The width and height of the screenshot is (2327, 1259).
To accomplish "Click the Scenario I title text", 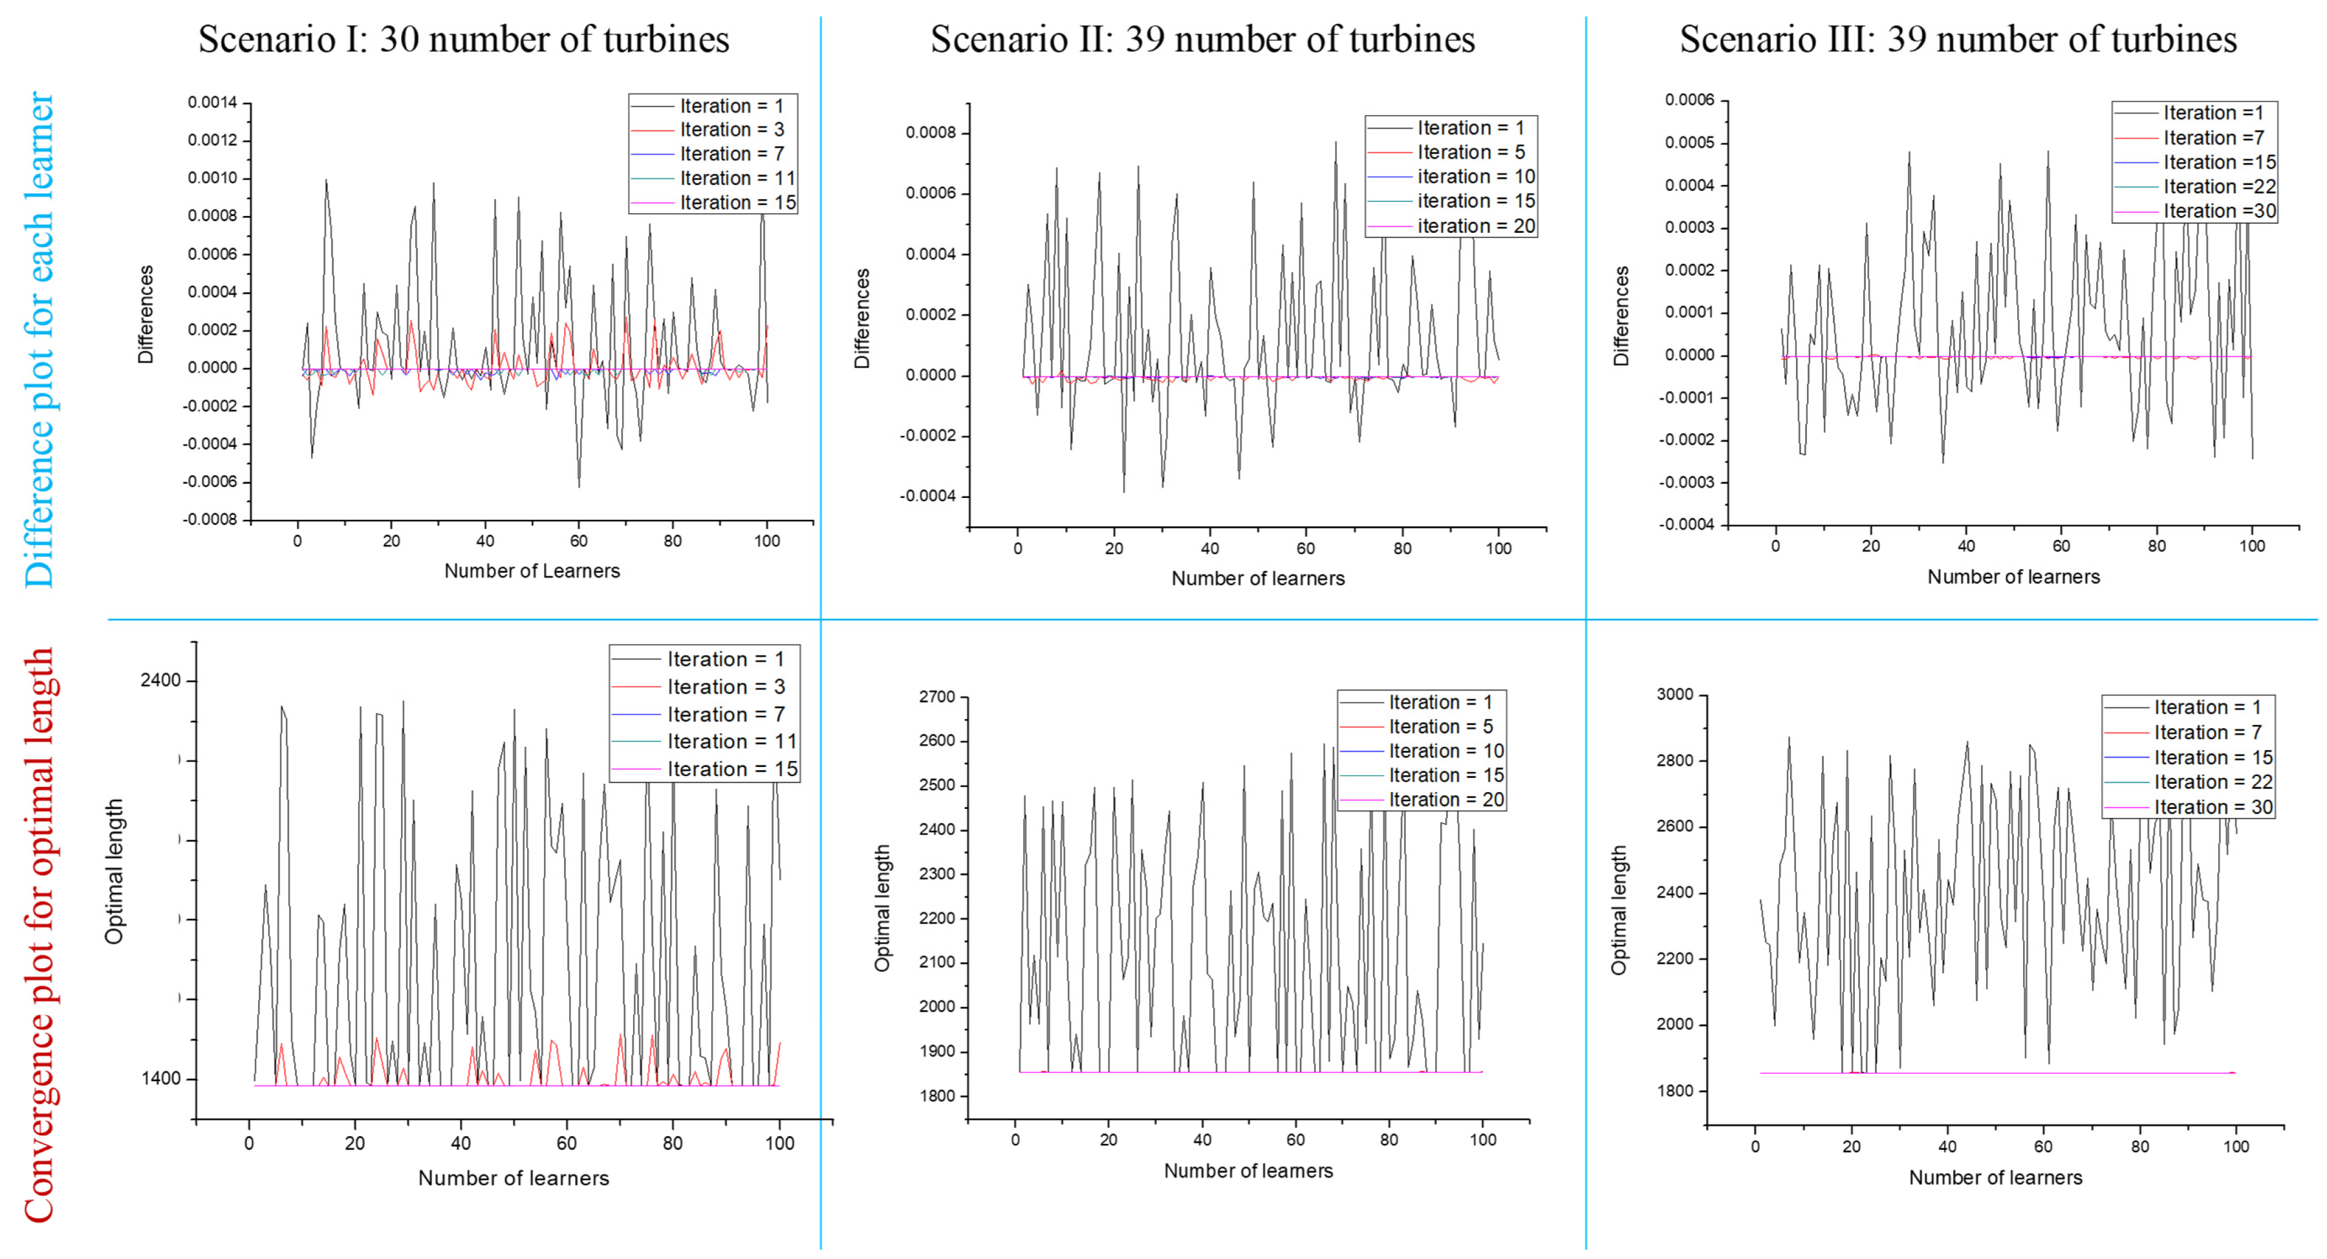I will tap(464, 39).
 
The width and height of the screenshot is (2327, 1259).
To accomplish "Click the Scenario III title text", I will tap(1958, 39).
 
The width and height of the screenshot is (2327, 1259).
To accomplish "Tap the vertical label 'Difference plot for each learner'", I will tap(39, 339).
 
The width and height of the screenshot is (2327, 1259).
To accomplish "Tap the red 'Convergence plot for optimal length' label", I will tap(39, 935).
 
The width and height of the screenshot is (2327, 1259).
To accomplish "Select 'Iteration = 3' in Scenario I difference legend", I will tap(731, 130).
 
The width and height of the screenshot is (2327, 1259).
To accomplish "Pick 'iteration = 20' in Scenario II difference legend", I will tap(1475, 226).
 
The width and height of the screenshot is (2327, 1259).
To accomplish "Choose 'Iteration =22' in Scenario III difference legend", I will tap(2218, 187).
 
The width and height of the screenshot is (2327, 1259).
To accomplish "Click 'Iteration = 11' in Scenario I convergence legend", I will tap(731, 742).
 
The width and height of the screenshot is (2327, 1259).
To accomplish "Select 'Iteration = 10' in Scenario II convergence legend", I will tap(1446, 751).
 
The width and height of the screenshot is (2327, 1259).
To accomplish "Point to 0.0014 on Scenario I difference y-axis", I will tap(212, 102).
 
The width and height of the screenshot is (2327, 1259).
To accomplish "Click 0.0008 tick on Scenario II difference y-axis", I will tap(931, 133).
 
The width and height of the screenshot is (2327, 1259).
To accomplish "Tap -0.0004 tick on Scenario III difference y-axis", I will tap(1685, 524).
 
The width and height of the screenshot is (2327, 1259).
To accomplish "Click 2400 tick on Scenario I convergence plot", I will tap(161, 680).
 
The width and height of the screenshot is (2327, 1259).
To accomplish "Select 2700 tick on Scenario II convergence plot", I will tap(936, 696).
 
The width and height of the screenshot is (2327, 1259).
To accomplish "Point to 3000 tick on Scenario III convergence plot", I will tap(1675, 694).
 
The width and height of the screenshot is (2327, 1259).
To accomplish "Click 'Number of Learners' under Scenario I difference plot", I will tap(532, 571).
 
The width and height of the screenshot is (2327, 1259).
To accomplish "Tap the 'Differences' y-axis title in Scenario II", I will tap(861, 318).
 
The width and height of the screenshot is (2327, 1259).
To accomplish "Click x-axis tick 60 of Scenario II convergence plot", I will tap(1295, 1140).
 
